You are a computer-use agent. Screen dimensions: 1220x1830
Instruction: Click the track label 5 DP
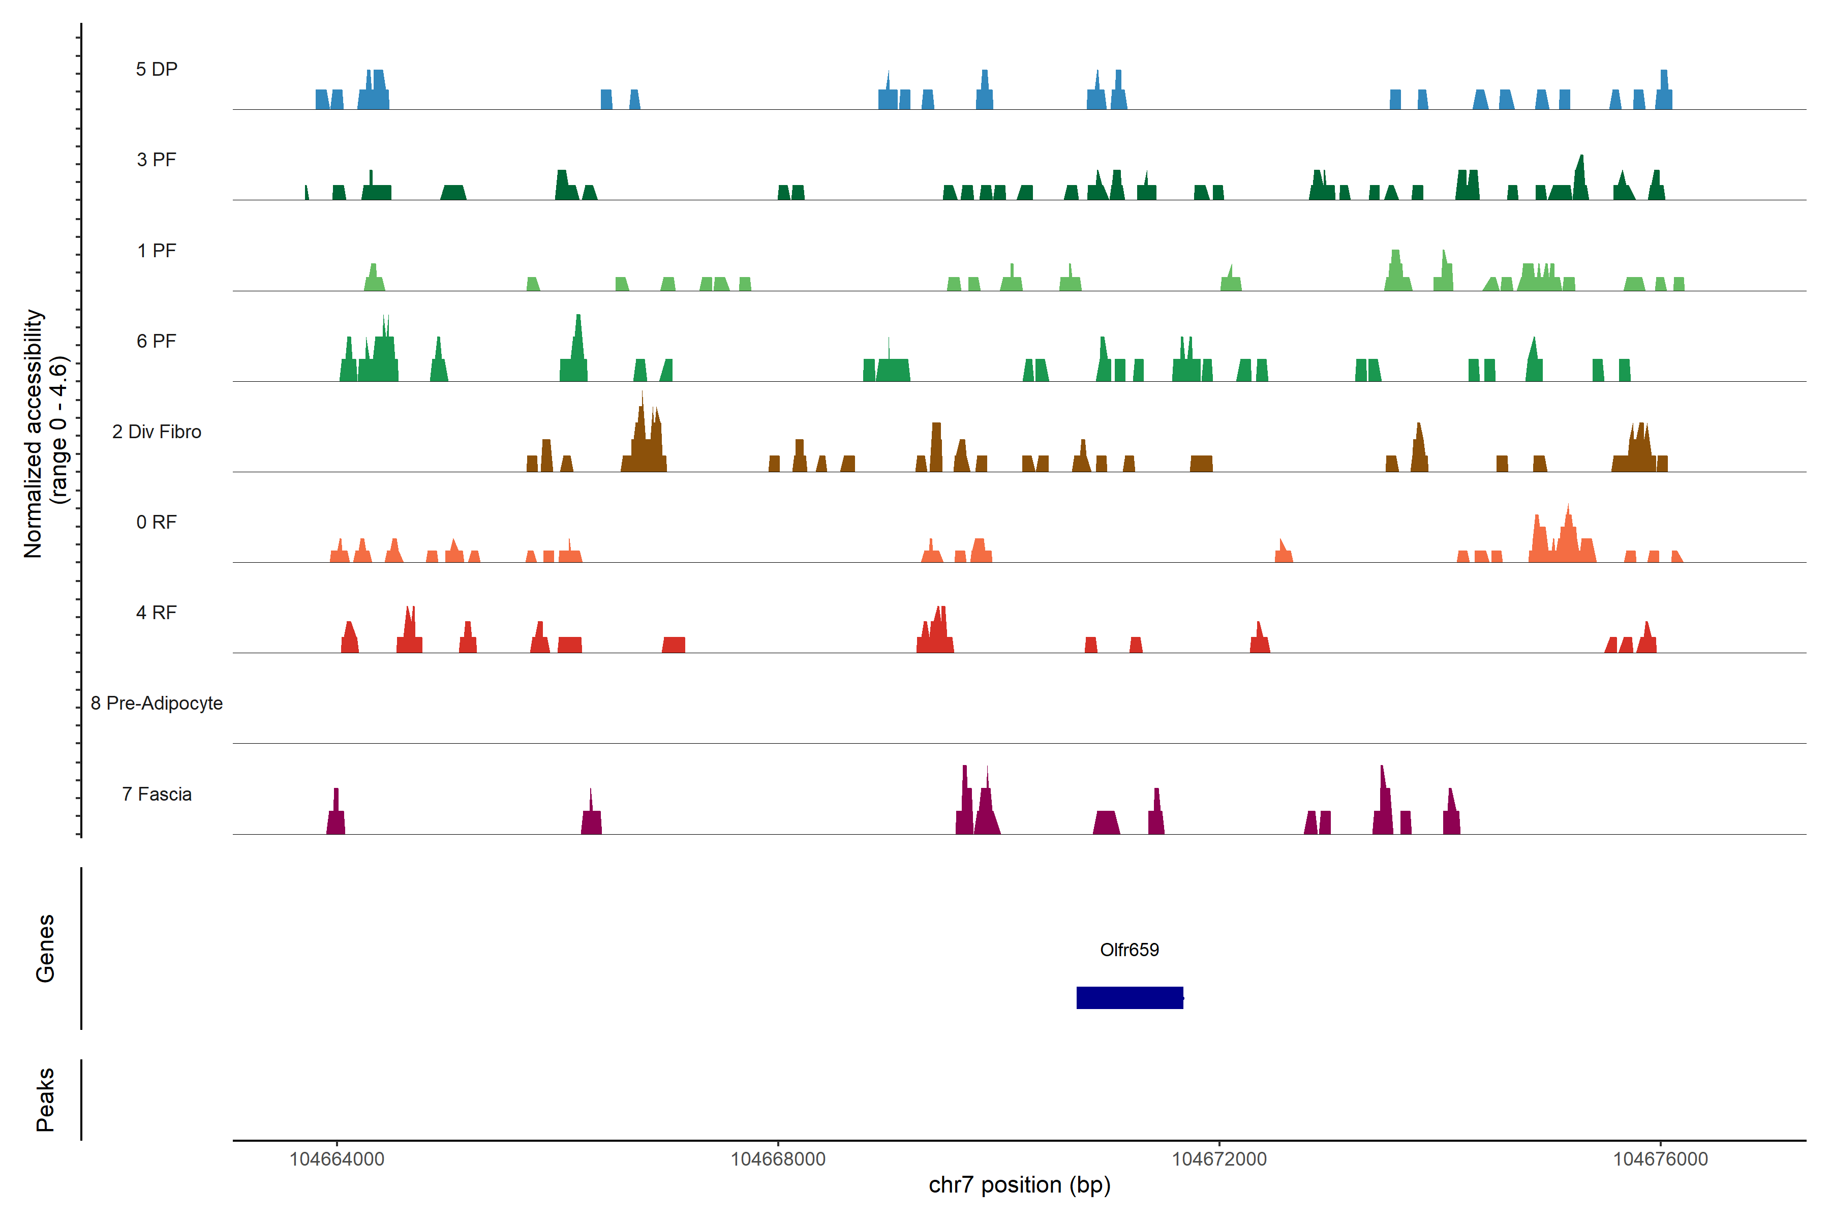[x=157, y=69]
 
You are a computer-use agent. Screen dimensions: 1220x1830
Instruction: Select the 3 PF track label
[x=157, y=160]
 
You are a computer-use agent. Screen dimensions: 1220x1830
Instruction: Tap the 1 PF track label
[x=157, y=251]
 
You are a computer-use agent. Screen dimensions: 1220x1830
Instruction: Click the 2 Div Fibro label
[x=157, y=432]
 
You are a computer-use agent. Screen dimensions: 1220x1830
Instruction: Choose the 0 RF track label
[x=157, y=522]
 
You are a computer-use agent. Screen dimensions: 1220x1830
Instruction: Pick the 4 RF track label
[x=157, y=613]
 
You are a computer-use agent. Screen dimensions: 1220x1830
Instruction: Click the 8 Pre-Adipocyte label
[x=157, y=704]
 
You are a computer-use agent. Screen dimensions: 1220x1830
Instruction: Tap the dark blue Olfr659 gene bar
[x=1129, y=997]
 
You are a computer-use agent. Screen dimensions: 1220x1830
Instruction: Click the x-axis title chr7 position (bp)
[x=1019, y=1185]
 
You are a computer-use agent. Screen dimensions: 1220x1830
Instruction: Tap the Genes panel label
[x=45, y=949]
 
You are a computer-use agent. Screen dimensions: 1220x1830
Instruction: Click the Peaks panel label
[x=45, y=1100]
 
